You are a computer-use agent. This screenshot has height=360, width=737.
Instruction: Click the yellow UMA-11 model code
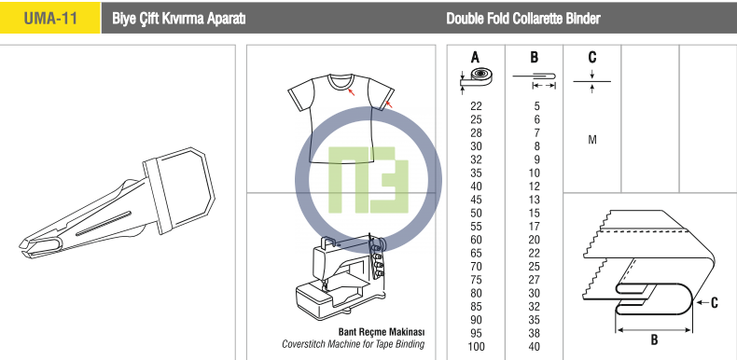[x=50, y=19]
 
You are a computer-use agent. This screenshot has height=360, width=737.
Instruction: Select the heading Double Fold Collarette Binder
[x=523, y=19]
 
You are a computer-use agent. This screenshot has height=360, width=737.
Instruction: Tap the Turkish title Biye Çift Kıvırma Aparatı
[x=179, y=19]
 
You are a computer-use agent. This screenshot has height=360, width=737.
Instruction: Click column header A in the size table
[x=475, y=57]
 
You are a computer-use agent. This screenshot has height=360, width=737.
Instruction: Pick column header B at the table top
[x=534, y=57]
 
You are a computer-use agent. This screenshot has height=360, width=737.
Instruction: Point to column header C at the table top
[x=592, y=57]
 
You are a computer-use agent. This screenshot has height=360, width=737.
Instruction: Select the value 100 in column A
[x=476, y=347]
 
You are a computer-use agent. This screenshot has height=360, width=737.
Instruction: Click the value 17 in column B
[x=534, y=227]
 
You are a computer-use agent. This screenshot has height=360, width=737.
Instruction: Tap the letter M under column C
[x=592, y=140]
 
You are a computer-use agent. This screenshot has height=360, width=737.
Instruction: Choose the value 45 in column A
[x=476, y=200]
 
